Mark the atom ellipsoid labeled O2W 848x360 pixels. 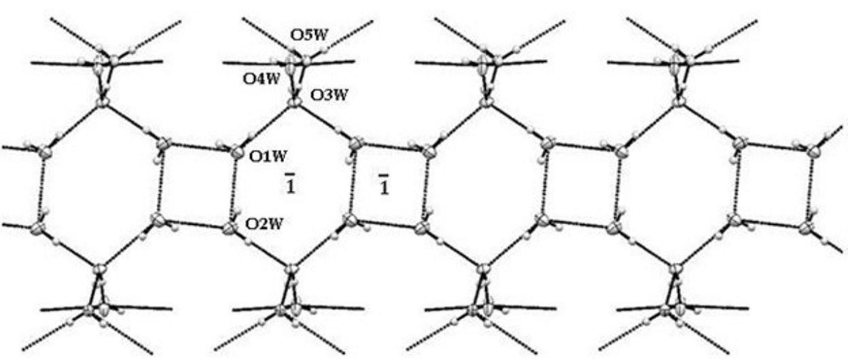tap(230, 229)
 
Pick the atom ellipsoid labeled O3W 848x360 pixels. tap(294, 104)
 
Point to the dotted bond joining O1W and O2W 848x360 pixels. tap(233, 190)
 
